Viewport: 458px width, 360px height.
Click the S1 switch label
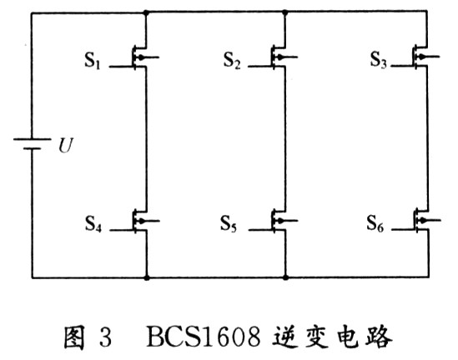click(93, 61)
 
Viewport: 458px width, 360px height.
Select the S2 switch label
click(232, 60)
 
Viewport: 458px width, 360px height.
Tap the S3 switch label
click(379, 60)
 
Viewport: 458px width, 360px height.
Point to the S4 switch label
click(93, 224)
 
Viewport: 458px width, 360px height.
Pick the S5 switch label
click(229, 224)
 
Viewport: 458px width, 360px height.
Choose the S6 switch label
click(375, 223)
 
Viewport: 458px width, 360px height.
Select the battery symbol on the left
click(32, 144)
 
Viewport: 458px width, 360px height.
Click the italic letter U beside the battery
click(65, 146)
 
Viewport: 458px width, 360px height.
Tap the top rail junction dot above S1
click(146, 12)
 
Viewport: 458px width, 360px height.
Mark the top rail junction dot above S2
click(285, 12)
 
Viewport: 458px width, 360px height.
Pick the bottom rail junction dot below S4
click(147, 277)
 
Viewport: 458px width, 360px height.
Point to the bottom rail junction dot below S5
click(285, 277)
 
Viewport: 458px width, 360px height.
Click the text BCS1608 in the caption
click(204, 337)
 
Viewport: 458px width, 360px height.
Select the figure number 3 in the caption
click(105, 337)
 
